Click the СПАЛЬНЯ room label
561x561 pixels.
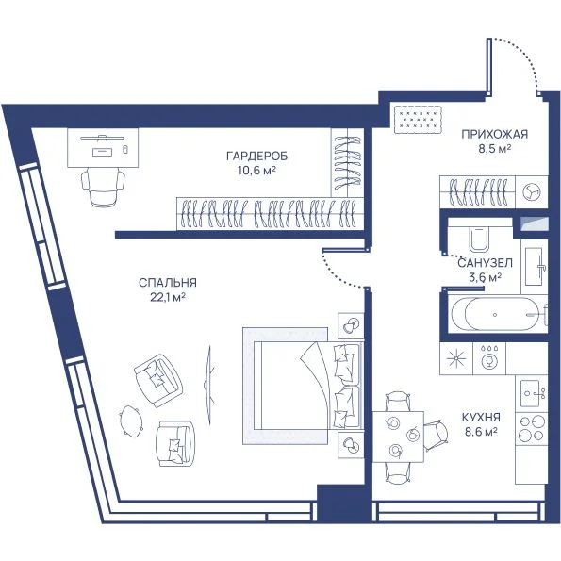click(x=168, y=283)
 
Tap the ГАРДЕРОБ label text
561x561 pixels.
click(x=256, y=157)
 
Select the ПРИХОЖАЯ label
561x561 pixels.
click(x=494, y=134)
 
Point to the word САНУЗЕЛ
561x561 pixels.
click(x=485, y=263)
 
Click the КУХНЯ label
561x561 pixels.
click(x=481, y=418)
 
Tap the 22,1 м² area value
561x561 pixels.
click(x=168, y=297)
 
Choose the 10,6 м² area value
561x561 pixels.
click(x=256, y=171)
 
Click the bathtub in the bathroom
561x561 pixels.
click(x=497, y=315)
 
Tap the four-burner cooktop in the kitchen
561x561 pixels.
click(x=532, y=428)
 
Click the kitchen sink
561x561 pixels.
click(x=532, y=393)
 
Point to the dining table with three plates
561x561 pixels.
click(x=398, y=437)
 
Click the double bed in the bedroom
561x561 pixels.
click(x=307, y=386)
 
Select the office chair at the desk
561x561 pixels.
click(x=103, y=188)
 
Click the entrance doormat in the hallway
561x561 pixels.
click(x=418, y=120)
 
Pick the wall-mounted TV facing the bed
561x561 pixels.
click(x=209, y=385)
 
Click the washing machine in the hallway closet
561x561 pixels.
click(x=532, y=191)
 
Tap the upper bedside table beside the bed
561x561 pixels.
click(x=351, y=325)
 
